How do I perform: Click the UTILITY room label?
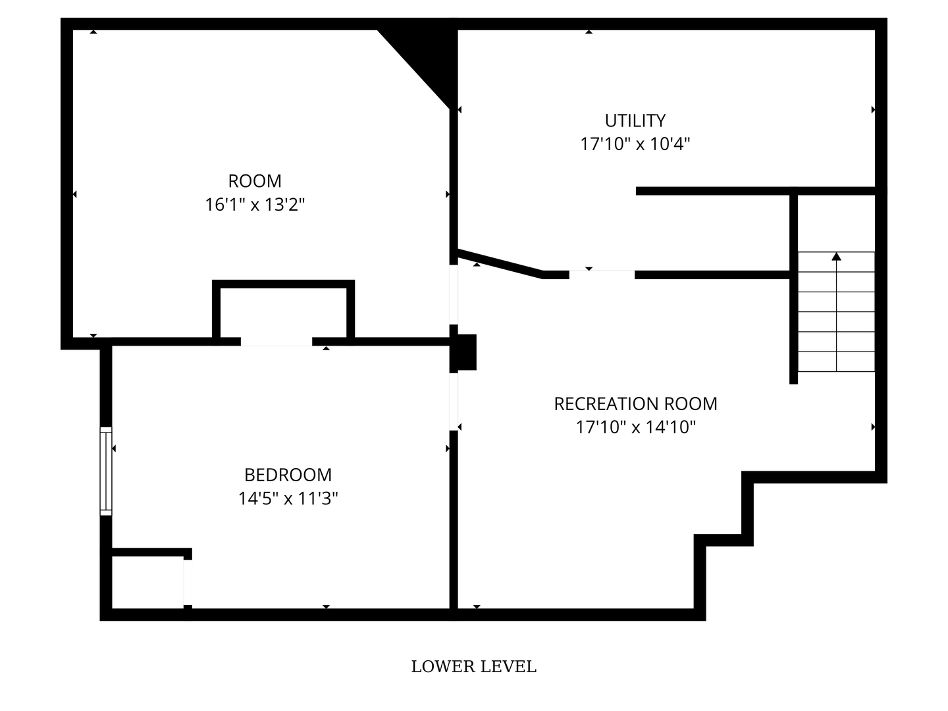(635, 120)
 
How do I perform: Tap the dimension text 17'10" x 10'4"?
(635, 144)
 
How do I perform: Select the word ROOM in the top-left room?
(255, 181)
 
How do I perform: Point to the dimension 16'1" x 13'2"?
(255, 205)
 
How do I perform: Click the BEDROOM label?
(288, 475)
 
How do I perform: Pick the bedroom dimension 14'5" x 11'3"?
(288, 498)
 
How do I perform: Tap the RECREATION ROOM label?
(635, 404)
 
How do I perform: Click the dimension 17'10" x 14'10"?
(635, 427)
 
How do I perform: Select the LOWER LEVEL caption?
(473, 667)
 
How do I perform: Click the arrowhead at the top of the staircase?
(836, 256)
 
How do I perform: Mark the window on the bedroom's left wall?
(105, 471)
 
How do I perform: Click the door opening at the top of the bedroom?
(276, 342)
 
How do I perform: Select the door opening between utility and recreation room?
(602, 275)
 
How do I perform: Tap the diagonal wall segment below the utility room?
(500, 263)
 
